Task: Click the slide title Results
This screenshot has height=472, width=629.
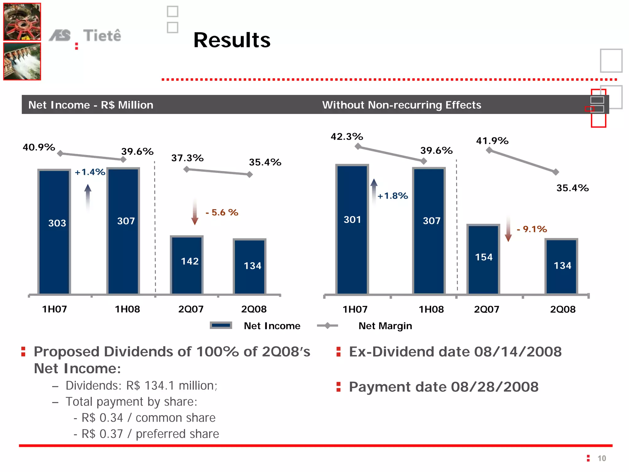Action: (232, 40)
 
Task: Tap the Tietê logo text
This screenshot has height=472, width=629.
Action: (102, 36)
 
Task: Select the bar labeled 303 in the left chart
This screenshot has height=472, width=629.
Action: (54, 232)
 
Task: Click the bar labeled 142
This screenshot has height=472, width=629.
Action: (187, 265)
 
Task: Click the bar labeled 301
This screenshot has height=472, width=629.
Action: (352, 229)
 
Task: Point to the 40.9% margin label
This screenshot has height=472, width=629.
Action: (39, 147)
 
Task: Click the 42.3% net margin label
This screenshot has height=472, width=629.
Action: (347, 137)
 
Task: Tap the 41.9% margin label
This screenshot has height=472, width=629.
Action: (492, 141)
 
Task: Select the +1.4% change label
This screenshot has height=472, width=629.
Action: (90, 172)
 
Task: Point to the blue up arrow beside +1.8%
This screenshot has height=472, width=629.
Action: (374, 191)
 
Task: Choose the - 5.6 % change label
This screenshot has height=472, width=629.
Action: (222, 213)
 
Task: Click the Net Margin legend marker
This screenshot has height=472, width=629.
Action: (327, 326)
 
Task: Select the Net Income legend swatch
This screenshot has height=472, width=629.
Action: (221, 326)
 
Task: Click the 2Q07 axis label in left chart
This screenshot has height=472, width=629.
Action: (191, 309)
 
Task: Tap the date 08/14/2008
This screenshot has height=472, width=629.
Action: (518, 352)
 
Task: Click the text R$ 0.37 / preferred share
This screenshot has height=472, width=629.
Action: (150, 434)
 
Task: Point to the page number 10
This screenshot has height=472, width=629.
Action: (601, 458)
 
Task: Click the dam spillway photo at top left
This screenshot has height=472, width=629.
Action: (22, 61)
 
